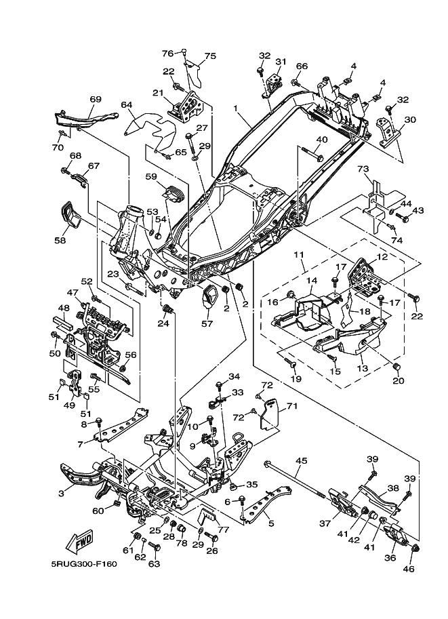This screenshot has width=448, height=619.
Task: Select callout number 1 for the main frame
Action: tap(236, 108)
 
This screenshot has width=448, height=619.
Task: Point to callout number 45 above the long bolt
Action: tap(302, 461)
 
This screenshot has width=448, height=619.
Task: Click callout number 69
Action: tap(96, 100)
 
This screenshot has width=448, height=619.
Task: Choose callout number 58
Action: tap(60, 240)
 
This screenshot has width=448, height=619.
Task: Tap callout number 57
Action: tap(206, 324)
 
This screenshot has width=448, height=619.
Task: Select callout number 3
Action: tap(62, 494)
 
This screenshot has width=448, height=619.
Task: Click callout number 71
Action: tap(292, 406)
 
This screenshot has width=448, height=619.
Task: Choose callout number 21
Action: tap(158, 93)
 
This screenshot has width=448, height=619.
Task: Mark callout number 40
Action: tap(322, 140)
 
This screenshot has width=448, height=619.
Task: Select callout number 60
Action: tap(99, 511)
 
